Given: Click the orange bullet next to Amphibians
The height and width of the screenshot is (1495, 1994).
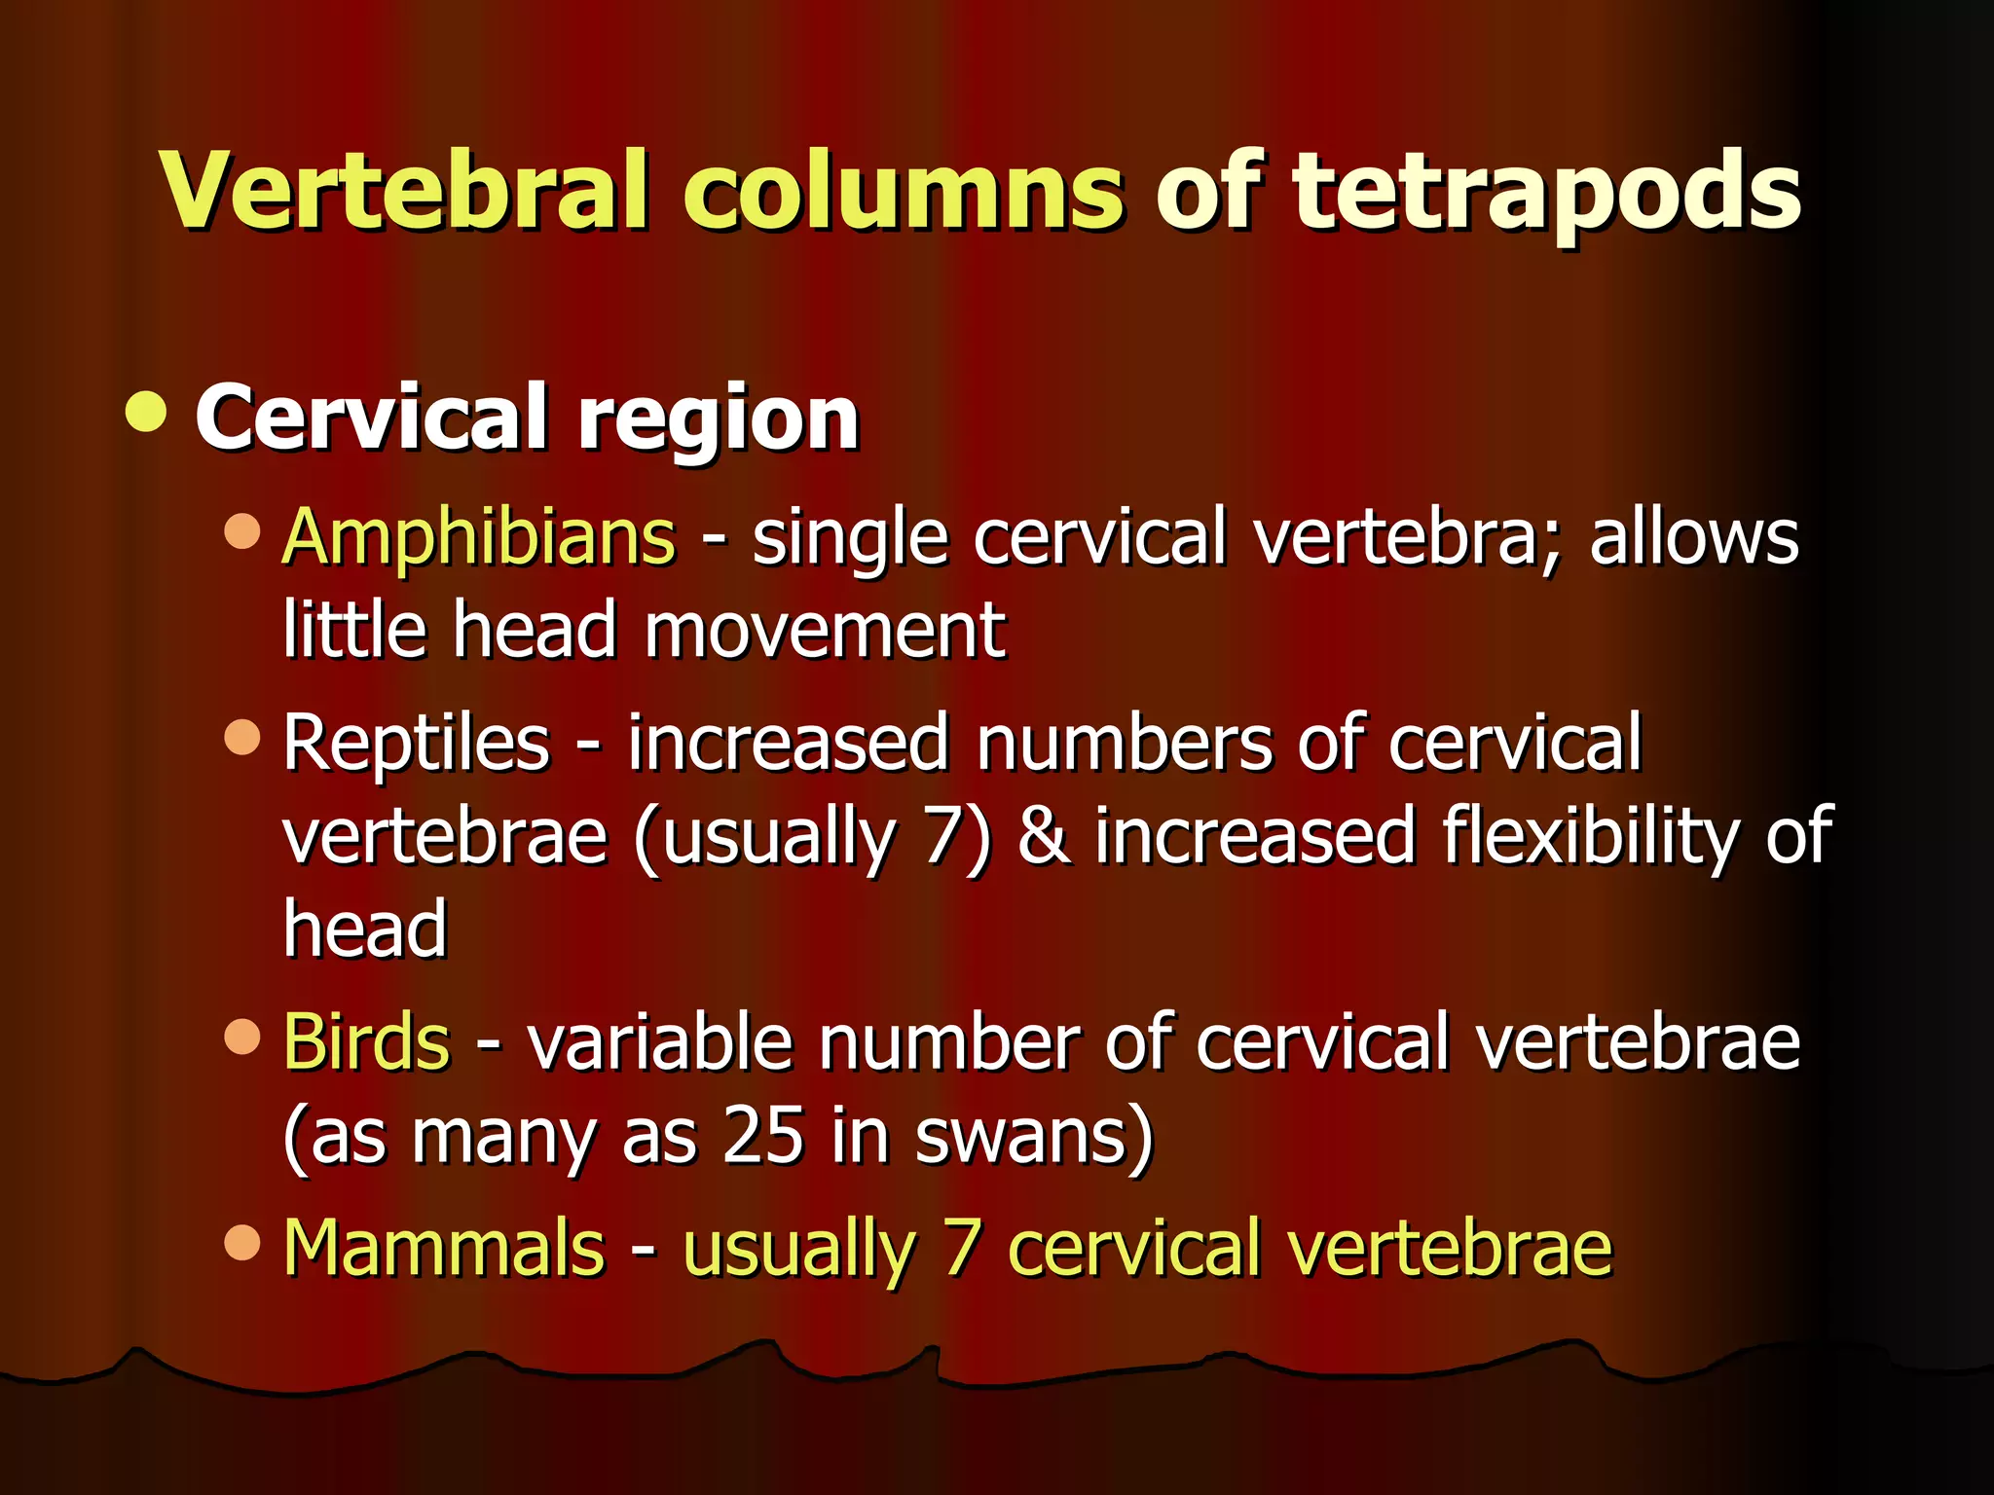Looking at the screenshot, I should [241, 531].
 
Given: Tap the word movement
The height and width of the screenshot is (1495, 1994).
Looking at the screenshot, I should [824, 631].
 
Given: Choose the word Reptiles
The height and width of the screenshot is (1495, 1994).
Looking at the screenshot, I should [417, 744].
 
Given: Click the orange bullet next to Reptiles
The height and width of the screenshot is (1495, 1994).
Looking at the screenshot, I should [241, 737].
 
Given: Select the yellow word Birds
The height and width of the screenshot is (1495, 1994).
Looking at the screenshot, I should [366, 1042].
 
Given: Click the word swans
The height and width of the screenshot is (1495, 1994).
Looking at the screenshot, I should [1032, 1136].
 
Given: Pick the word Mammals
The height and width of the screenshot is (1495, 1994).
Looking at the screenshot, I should [444, 1248].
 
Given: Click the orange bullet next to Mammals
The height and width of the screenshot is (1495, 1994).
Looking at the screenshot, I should [241, 1242].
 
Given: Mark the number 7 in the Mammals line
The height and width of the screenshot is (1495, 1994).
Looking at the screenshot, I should [962, 1248].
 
